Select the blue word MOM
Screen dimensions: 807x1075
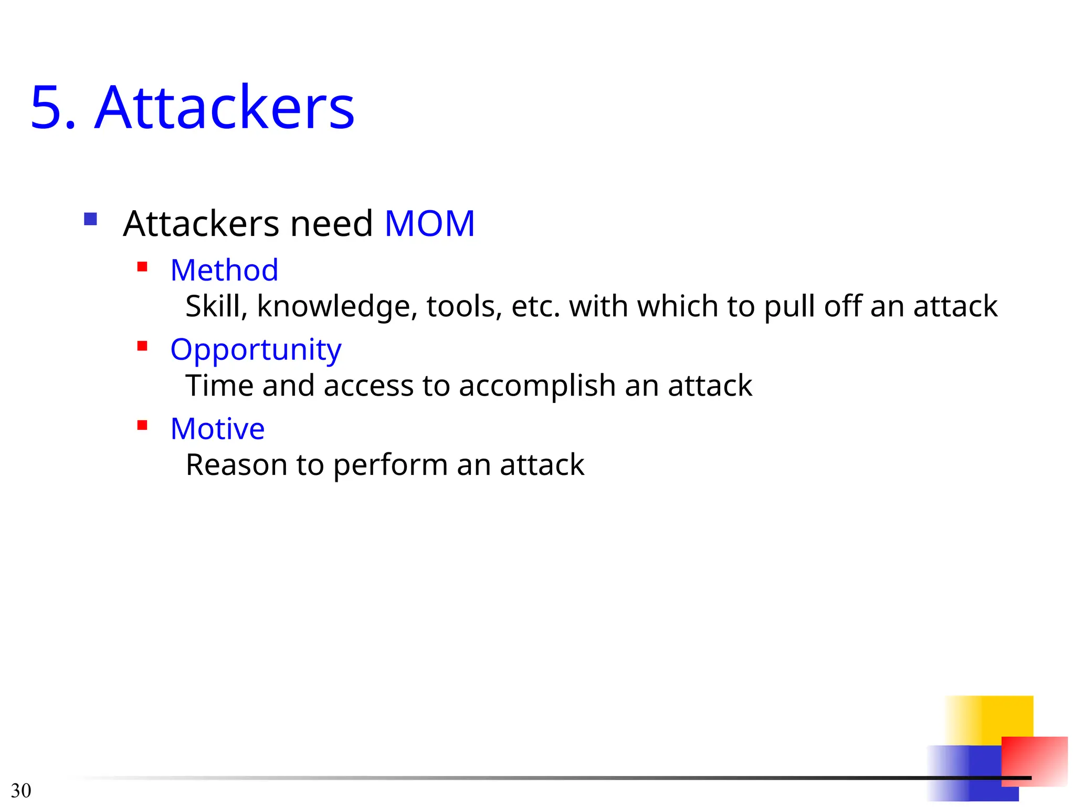(x=429, y=224)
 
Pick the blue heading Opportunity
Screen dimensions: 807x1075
(x=256, y=350)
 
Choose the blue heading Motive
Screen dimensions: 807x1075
(x=217, y=429)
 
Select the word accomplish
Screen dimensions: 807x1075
(x=537, y=387)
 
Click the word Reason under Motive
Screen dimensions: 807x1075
(x=236, y=465)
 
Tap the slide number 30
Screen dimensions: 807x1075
(x=21, y=790)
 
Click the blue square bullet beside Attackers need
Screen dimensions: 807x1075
(x=90, y=219)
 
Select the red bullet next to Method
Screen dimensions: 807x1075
(x=142, y=266)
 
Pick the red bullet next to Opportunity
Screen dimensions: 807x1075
(x=142, y=346)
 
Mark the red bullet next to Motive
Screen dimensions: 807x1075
(x=142, y=425)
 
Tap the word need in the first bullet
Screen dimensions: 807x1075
(x=331, y=224)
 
